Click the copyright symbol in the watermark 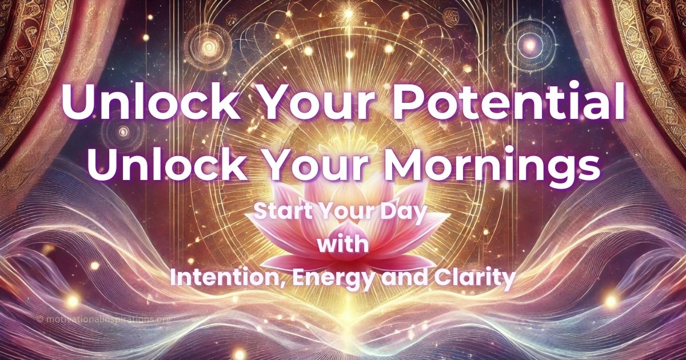(x=40, y=319)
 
